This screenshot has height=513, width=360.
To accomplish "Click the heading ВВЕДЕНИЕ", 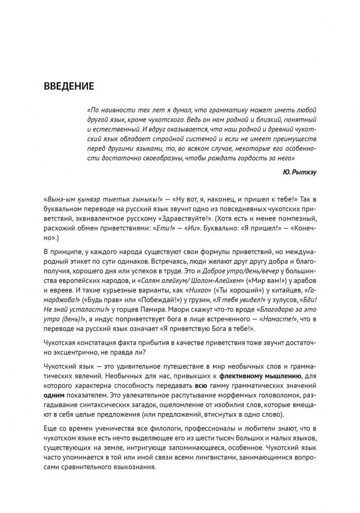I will point(69,86).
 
